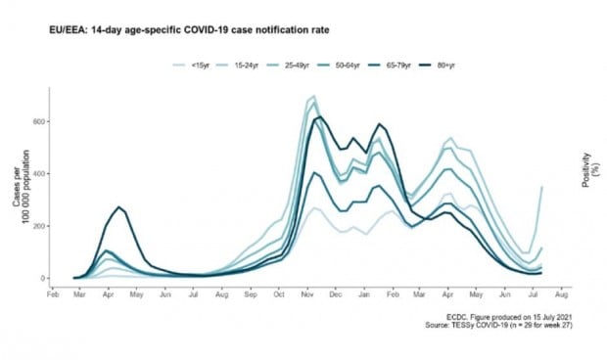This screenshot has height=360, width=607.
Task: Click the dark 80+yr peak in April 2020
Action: (118, 207)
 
